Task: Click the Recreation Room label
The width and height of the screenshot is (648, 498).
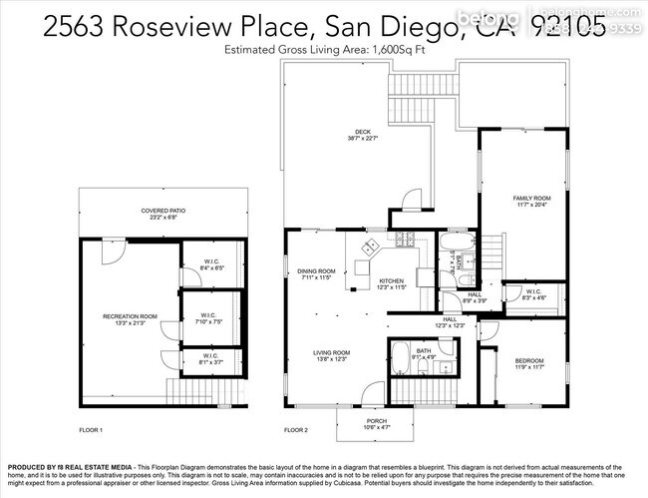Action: (130, 315)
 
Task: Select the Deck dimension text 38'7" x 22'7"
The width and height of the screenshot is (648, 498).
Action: (362, 139)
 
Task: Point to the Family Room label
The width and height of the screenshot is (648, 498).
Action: (531, 198)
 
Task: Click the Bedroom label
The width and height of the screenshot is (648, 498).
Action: (528, 360)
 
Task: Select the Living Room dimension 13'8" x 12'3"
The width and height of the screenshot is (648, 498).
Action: (332, 358)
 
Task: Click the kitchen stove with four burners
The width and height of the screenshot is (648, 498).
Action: (402, 240)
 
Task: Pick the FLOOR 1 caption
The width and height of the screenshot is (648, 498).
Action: (92, 429)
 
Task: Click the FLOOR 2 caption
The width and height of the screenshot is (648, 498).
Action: (297, 429)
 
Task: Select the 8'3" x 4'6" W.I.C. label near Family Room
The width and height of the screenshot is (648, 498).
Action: (534, 294)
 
